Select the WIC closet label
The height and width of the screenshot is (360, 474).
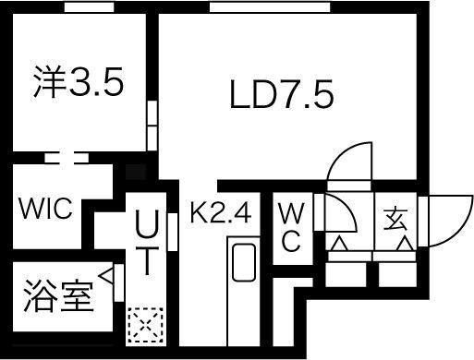click(43, 210)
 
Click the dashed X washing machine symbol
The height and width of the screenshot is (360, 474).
click(146, 325)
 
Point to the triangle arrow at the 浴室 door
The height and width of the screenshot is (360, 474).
click(109, 275)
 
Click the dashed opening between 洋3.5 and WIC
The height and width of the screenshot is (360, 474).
click(67, 158)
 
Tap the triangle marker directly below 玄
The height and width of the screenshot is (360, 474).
click(403, 244)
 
